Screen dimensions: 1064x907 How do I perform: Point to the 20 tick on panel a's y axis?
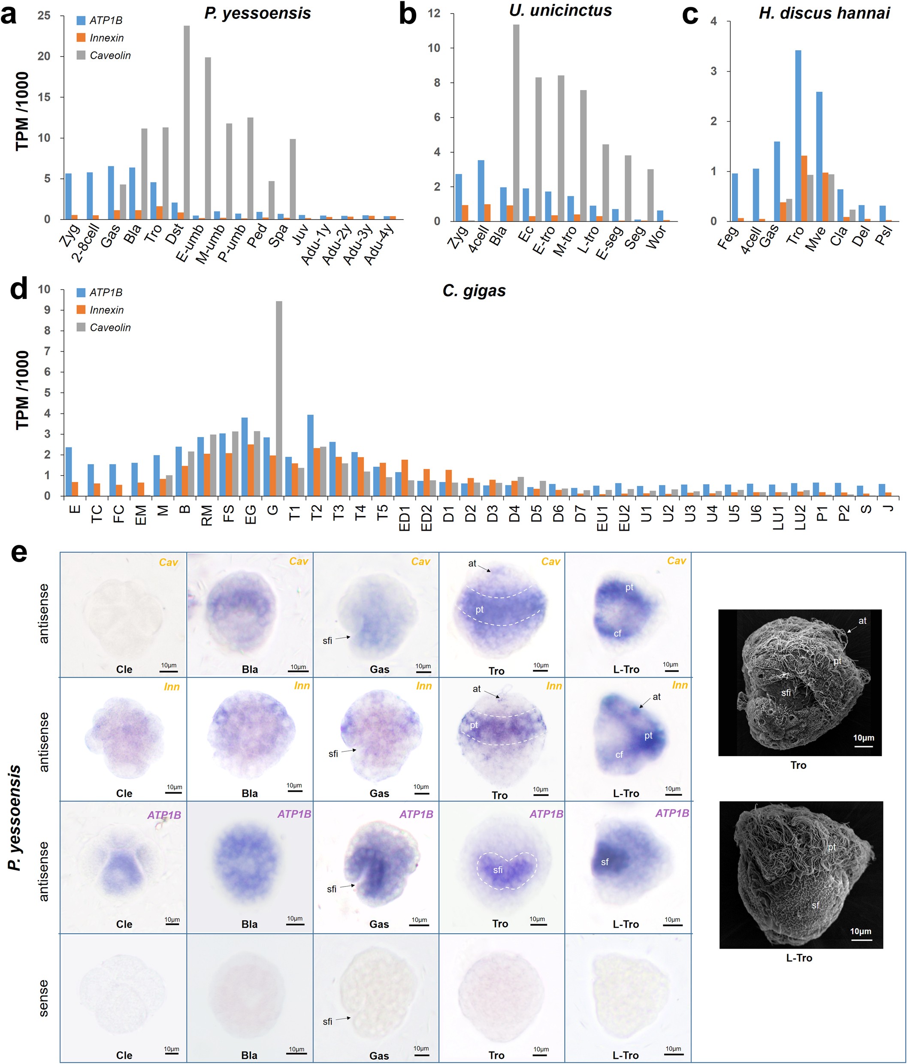44,56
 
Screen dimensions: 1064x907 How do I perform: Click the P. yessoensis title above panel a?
257,13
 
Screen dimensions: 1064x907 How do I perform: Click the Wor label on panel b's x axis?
657,238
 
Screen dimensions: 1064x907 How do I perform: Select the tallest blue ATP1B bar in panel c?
798,136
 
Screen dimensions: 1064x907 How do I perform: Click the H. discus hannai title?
824,13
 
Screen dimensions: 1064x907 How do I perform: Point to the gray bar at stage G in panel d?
279,398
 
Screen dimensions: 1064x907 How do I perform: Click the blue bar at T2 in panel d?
310,455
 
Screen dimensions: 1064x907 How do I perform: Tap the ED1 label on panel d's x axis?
404,518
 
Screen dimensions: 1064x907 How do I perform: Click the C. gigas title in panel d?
474,291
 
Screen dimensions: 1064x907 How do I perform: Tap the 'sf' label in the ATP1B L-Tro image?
605,862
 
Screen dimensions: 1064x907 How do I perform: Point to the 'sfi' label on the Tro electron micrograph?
785,693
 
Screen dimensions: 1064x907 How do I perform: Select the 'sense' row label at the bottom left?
44,998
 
